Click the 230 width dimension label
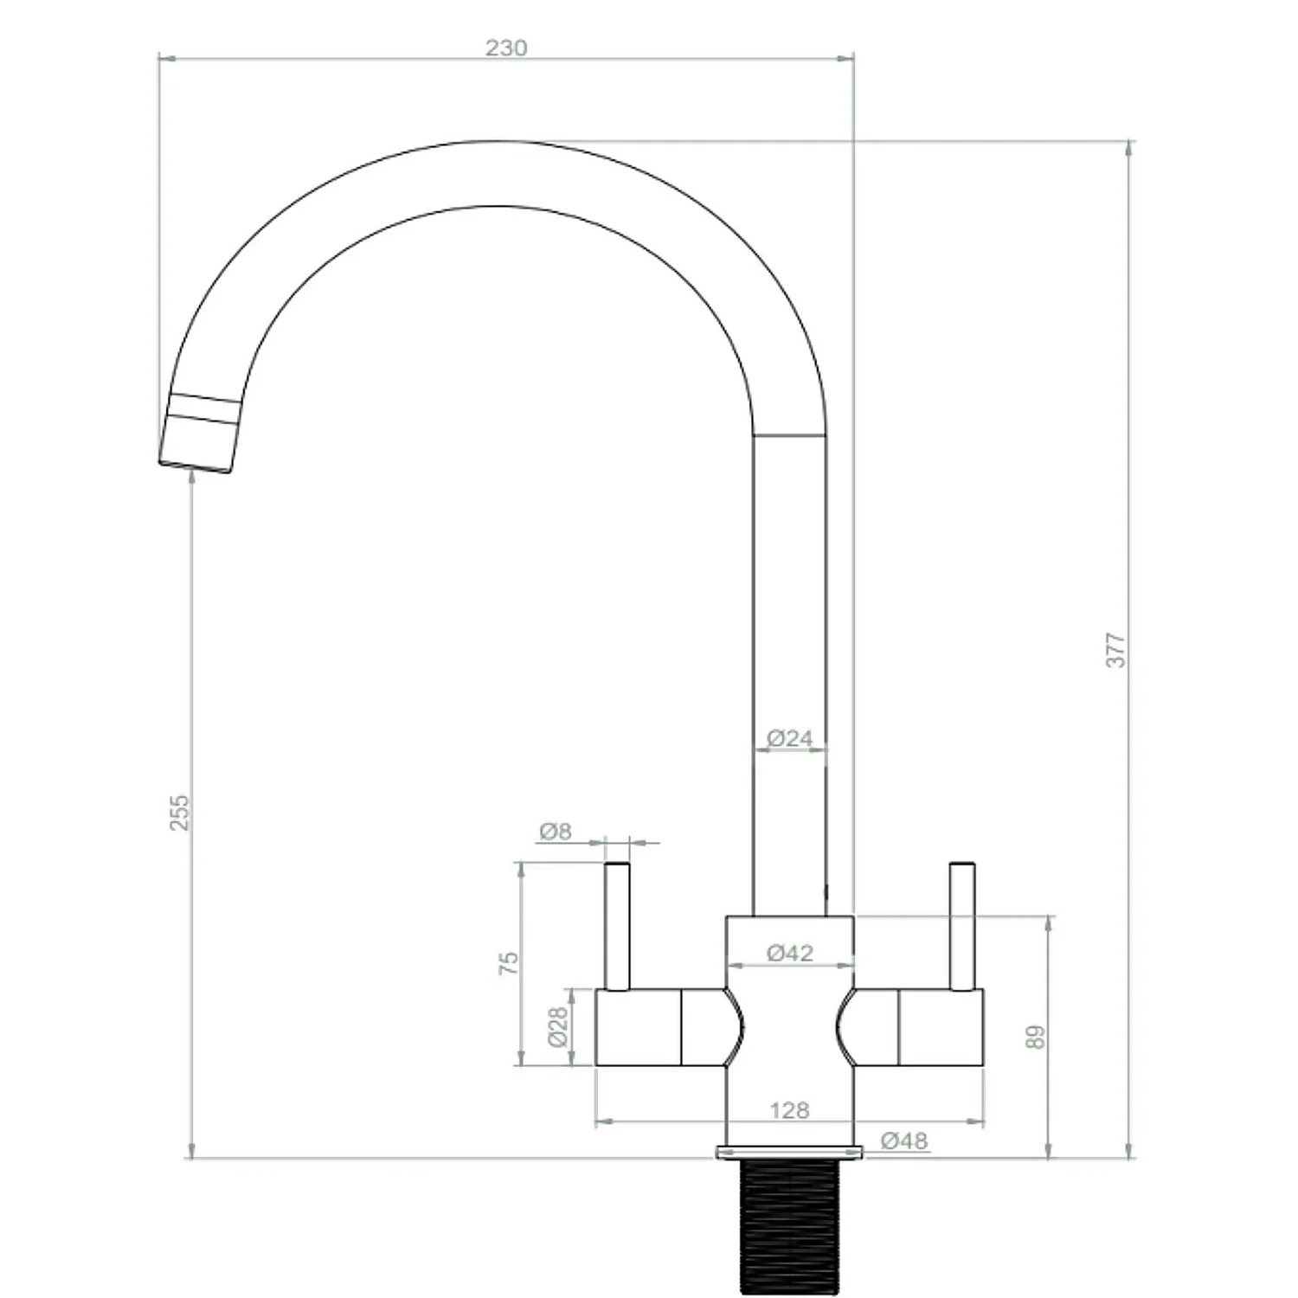coord(505,48)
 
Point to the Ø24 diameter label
coord(790,738)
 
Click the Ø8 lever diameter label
coord(556,832)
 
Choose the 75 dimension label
coord(509,963)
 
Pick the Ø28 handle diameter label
coord(558,1026)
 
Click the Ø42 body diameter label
coord(790,953)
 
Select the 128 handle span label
coord(789,1109)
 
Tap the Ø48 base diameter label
coord(904,1141)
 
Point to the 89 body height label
coord(1036,1037)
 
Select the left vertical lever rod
coord(617,926)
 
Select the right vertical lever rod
coord(962,926)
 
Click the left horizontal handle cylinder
coord(640,1027)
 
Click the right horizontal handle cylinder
coord(939,1027)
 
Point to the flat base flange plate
coord(789,1152)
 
